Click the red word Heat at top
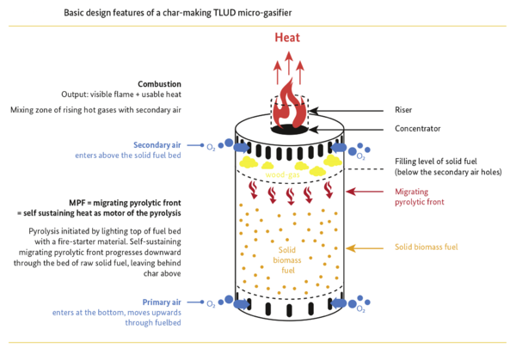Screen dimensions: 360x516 tap(287, 38)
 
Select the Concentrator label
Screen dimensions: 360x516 tap(418, 129)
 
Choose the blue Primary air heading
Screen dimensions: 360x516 tap(167, 303)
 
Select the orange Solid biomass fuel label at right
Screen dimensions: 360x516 tap(427, 247)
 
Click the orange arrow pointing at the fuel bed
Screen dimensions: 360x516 tap(369, 247)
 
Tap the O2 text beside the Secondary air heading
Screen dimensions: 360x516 tap(209, 146)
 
